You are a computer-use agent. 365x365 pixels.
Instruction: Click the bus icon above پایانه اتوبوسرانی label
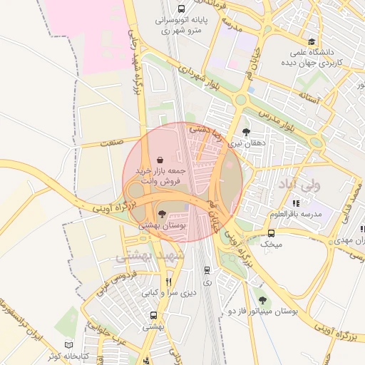point(181,9)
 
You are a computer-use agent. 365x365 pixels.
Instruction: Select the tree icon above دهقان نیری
point(246,131)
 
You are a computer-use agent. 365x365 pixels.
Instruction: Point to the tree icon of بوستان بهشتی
point(162,213)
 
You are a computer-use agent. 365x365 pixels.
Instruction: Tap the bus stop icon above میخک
point(271,233)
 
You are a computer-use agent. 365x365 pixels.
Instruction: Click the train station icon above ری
point(207,270)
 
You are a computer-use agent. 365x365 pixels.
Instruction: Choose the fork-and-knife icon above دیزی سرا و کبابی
point(169,281)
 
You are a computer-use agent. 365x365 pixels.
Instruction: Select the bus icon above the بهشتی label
point(153,315)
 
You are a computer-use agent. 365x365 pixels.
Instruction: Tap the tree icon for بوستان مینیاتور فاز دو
point(262,300)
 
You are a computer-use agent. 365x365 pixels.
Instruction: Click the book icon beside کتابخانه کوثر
point(68,344)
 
